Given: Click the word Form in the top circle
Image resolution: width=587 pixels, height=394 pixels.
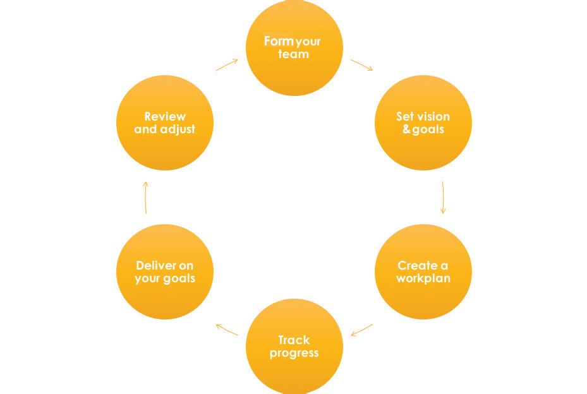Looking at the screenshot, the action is pyautogui.click(x=279, y=41).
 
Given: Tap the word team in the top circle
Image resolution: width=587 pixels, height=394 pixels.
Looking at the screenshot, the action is pyautogui.click(x=294, y=54).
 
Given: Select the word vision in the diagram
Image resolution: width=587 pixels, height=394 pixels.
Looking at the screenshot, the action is pyautogui.click(x=433, y=116).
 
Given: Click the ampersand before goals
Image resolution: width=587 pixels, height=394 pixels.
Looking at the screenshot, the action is pyautogui.click(x=406, y=129).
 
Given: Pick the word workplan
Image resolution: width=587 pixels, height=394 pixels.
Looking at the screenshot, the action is pyautogui.click(x=423, y=278).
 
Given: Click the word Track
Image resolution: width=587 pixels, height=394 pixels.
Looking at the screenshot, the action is pyautogui.click(x=294, y=340).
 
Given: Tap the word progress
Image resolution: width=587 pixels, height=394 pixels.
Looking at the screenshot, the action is pyautogui.click(x=294, y=353).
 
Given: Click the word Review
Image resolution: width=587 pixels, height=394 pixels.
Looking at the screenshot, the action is pyautogui.click(x=165, y=116).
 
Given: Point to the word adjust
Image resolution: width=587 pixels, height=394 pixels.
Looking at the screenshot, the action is pyautogui.click(x=178, y=129).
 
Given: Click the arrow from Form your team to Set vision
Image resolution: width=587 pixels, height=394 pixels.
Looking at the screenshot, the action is pyautogui.click(x=362, y=65).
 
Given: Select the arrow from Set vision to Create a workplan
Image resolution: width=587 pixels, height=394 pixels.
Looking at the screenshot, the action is pyautogui.click(x=442, y=198).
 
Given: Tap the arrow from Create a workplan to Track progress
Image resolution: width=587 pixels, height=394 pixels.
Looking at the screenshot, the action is pyautogui.click(x=362, y=330).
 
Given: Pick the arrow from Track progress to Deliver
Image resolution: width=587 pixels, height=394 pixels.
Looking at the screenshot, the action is pyautogui.click(x=227, y=330).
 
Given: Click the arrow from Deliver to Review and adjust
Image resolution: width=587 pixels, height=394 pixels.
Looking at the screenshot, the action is pyautogui.click(x=145, y=198).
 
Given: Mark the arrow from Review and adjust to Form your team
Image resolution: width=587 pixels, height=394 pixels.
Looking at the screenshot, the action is pyautogui.click(x=227, y=65).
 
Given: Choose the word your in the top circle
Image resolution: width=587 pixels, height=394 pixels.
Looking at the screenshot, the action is pyautogui.click(x=308, y=42).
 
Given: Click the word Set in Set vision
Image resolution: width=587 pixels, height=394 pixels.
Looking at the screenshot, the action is pyautogui.click(x=404, y=116).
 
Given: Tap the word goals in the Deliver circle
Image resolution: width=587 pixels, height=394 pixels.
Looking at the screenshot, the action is pyautogui.click(x=179, y=278).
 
